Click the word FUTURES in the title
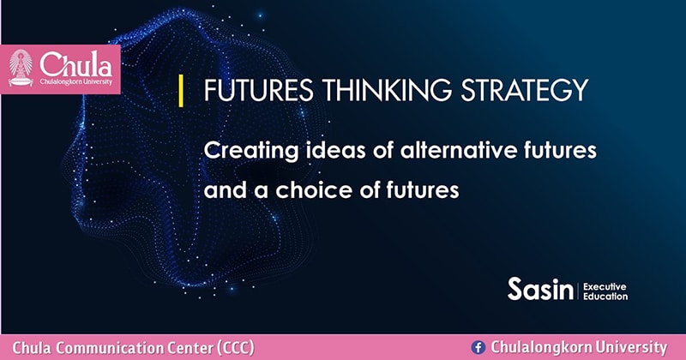coord(259,90)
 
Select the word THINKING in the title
coord(388,90)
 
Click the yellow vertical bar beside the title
coord(181,91)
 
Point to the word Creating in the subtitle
coord(251,152)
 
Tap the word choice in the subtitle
coord(313,189)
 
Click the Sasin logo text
coord(540,289)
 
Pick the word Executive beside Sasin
coord(605,287)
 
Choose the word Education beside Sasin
coord(605,297)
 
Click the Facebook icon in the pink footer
coord(478,348)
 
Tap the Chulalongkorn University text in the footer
coord(579,347)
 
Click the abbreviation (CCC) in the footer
coord(236,348)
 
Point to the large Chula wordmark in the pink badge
coord(76,64)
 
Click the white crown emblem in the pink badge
coord(21,68)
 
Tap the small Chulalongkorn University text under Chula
coord(76,81)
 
